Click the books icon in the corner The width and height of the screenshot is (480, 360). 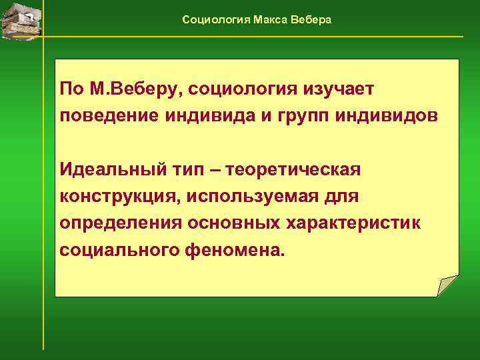pos(21,18)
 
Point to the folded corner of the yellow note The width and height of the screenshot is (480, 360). pos(448,285)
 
